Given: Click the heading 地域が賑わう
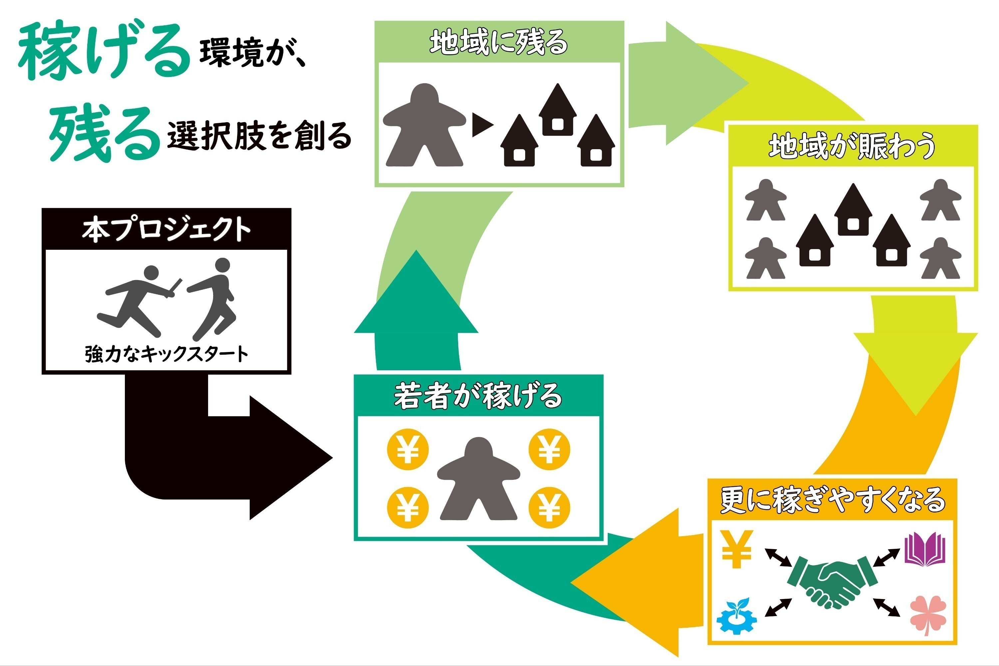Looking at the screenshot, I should pos(852,146).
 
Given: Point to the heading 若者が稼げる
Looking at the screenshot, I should pos(478,396).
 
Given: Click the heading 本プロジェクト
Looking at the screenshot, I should pos(166,229).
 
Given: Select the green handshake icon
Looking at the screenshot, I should pos(832,583).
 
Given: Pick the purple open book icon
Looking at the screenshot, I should pos(925,550).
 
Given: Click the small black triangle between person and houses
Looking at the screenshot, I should pos(483,125).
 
